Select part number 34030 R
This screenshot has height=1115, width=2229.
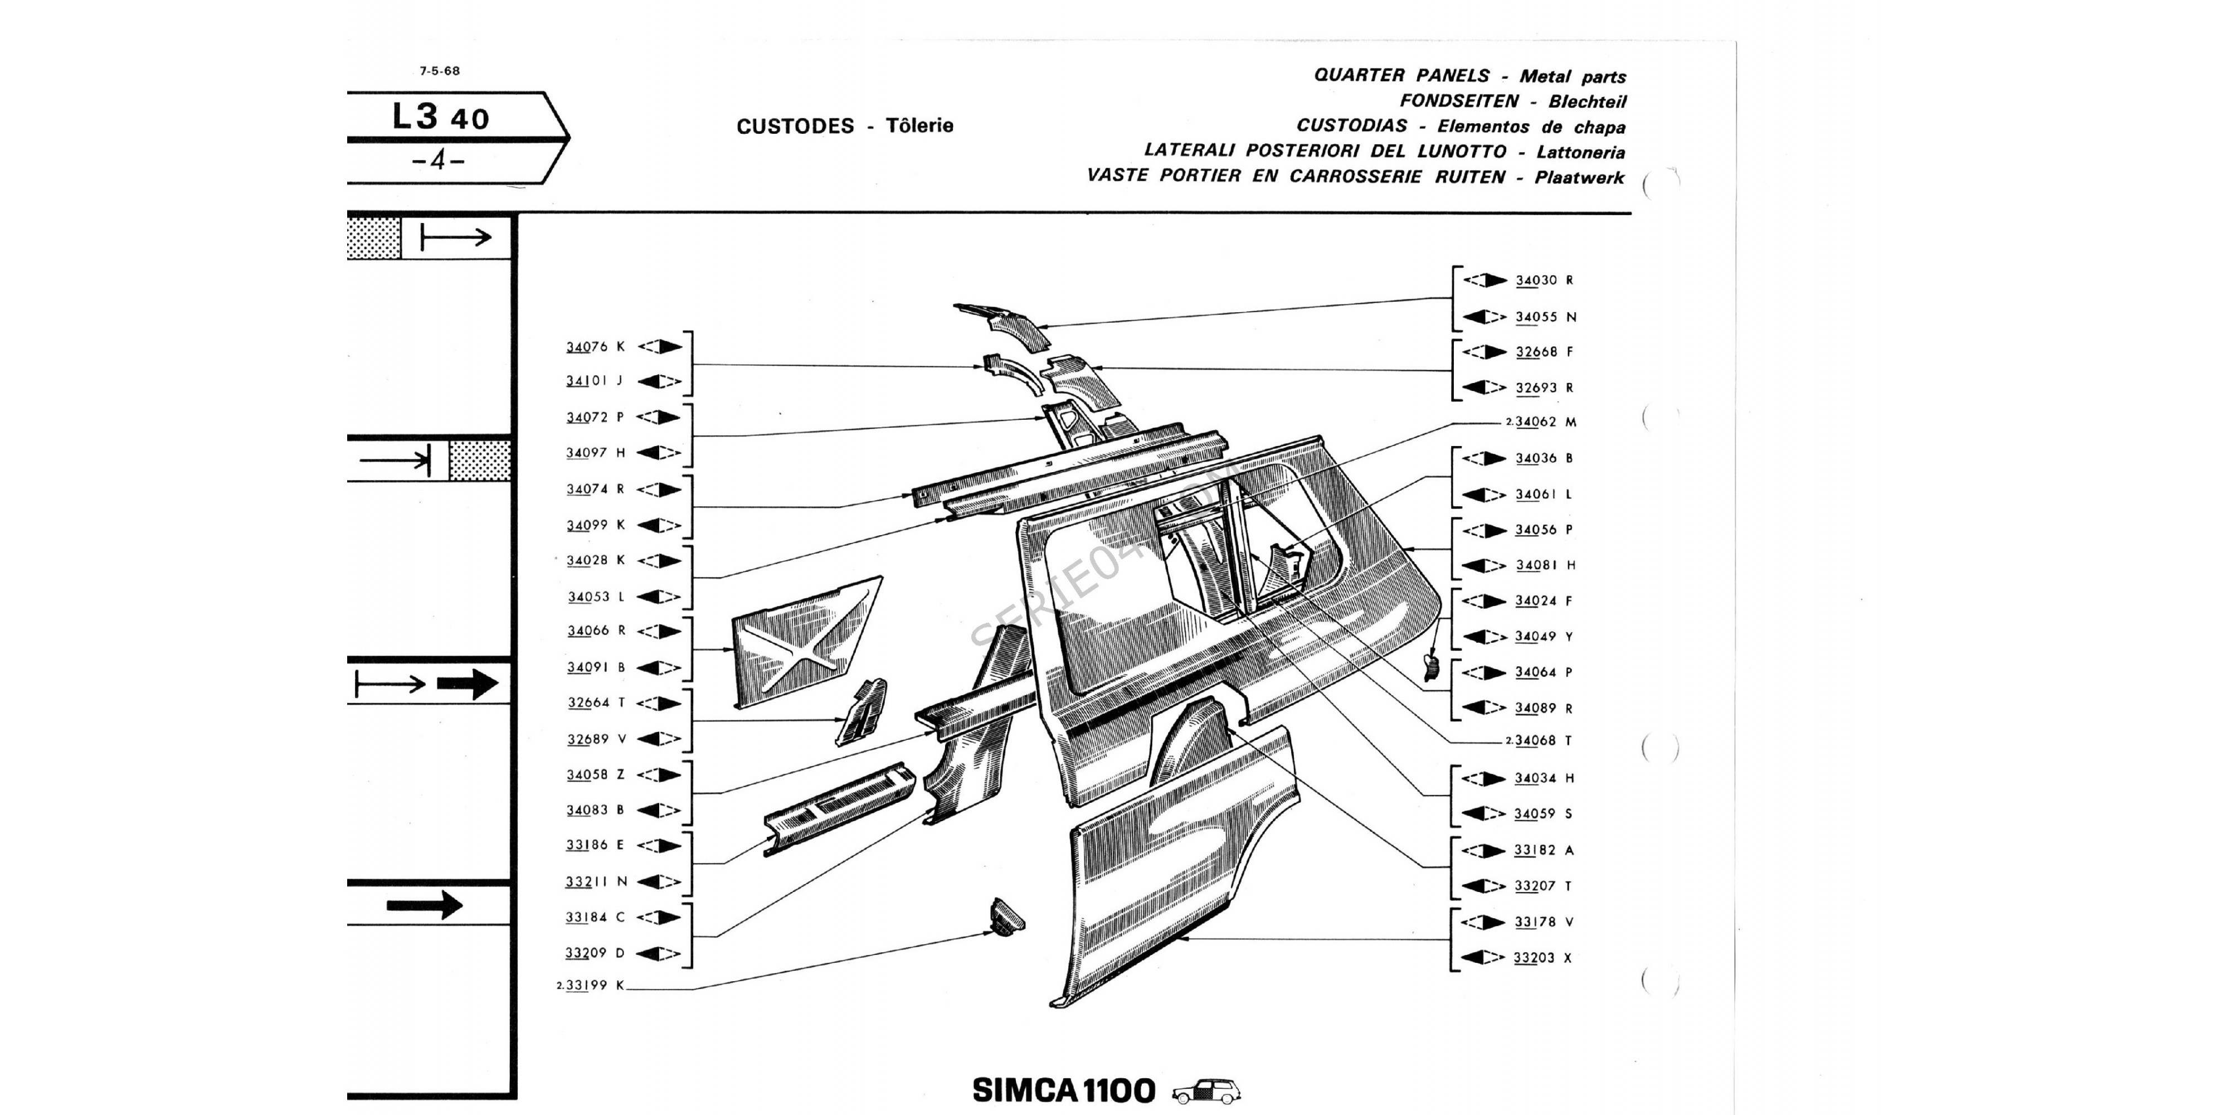click(x=1545, y=280)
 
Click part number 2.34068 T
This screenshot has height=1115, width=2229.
click(x=1539, y=741)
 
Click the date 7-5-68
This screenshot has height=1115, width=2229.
click(x=440, y=71)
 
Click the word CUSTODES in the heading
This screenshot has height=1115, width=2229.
click(x=795, y=127)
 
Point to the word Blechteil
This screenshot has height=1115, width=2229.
click(x=1587, y=101)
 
